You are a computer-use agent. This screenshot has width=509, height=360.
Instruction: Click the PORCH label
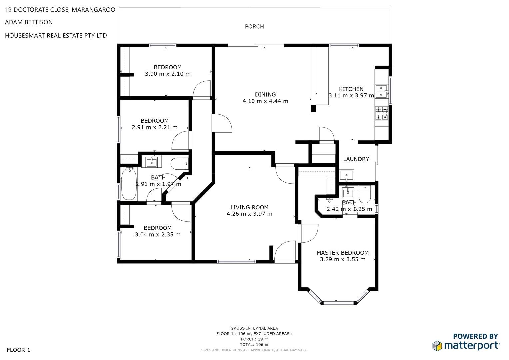(x=254, y=27)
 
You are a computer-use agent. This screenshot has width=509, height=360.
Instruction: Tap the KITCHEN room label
(x=351, y=89)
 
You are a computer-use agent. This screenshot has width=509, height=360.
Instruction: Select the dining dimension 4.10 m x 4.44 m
(x=265, y=101)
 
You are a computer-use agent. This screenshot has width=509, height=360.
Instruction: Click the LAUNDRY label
(x=356, y=159)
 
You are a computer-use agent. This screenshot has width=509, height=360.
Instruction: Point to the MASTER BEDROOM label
(x=343, y=253)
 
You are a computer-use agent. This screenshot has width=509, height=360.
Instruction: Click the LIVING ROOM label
(x=249, y=207)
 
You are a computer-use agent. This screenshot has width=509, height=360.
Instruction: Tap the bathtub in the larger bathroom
(x=129, y=184)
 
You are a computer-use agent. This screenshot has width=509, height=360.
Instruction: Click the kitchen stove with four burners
(x=382, y=113)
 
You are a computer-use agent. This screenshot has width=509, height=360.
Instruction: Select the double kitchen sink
(x=381, y=91)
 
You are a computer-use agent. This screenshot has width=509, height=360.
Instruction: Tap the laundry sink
(x=347, y=175)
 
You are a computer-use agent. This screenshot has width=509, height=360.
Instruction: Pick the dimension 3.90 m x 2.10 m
(x=168, y=74)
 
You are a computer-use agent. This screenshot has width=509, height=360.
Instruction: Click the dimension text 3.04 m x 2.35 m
(x=158, y=235)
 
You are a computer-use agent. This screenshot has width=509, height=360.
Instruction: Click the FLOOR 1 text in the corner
(x=18, y=350)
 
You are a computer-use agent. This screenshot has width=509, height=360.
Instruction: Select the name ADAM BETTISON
(x=29, y=22)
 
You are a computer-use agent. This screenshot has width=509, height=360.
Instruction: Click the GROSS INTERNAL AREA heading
(x=254, y=328)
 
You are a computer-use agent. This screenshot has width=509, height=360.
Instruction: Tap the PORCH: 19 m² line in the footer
(x=254, y=339)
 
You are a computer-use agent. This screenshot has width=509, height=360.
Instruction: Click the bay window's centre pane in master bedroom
(x=338, y=303)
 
